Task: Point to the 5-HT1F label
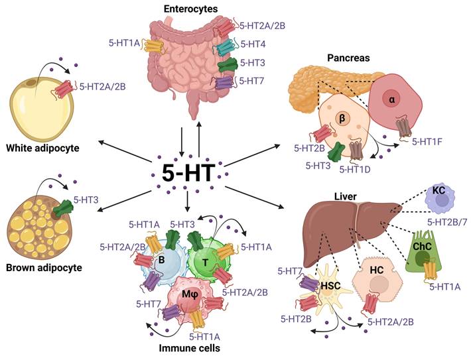pyautogui.click(x=428, y=141)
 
